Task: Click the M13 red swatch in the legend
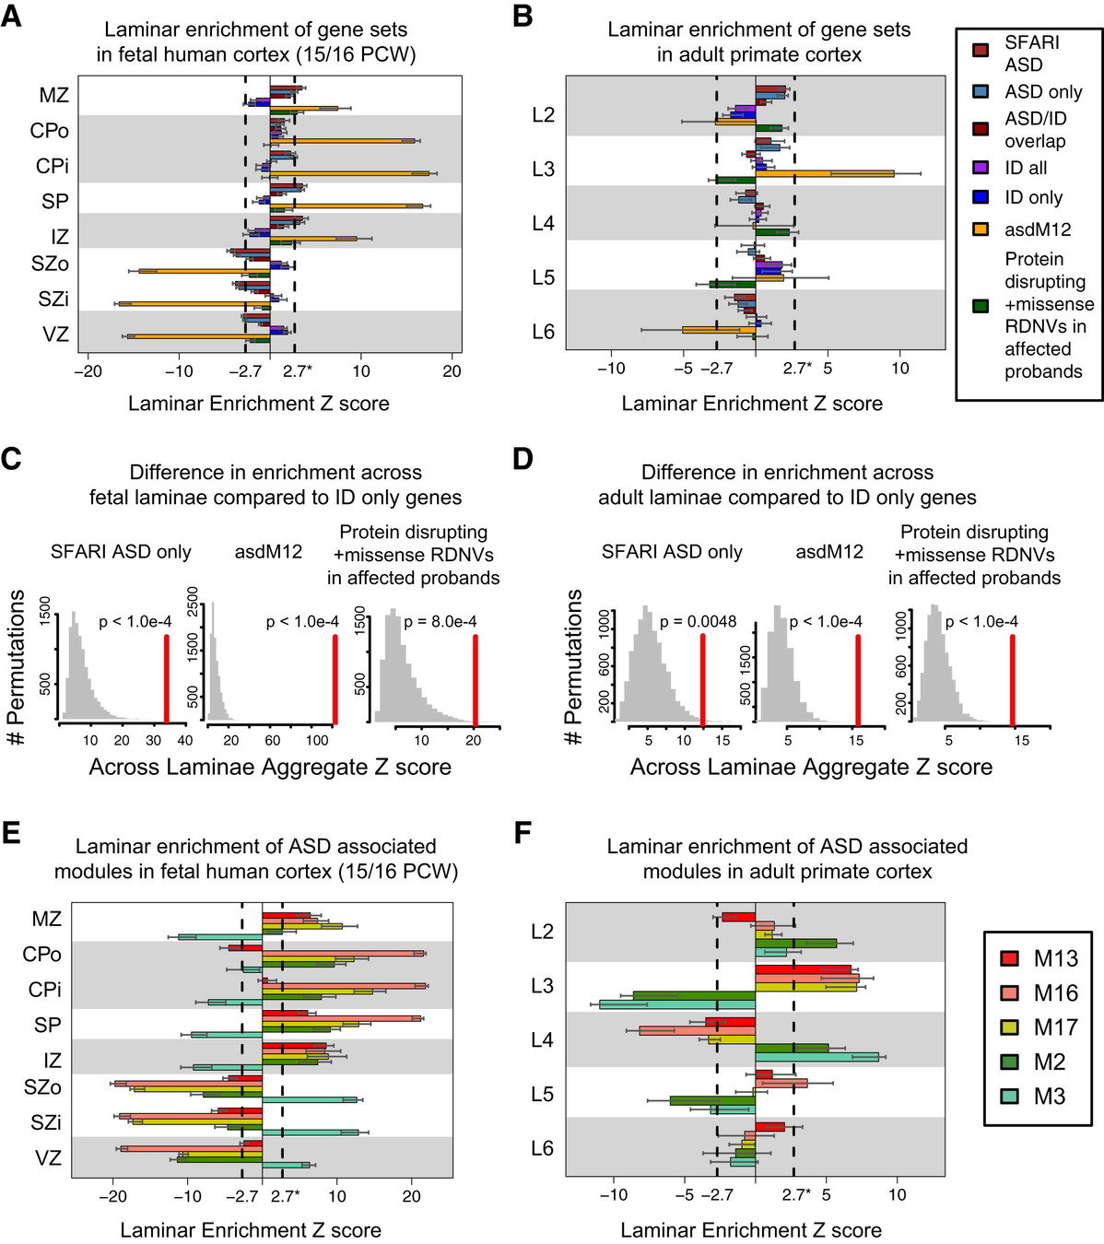tap(1010, 958)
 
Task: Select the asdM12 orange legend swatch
tap(981, 229)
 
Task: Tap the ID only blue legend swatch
tap(981, 197)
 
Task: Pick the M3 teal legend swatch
tap(1010, 1097)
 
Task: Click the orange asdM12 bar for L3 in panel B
tap(825, 173)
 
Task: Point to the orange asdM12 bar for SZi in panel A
tap(194, 303)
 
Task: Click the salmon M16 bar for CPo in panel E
tap(343, 953)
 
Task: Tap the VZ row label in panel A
tap(56, 334)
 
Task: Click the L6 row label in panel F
tap(543, 1148)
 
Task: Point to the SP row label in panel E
tap(47, 1025)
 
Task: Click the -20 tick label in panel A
tap(88, 371)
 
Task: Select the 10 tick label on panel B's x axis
tap(899, 369)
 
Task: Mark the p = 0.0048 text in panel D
tap(698, 622)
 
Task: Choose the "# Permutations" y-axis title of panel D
tap(573, 667)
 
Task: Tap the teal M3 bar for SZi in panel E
tap(311, 1132)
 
